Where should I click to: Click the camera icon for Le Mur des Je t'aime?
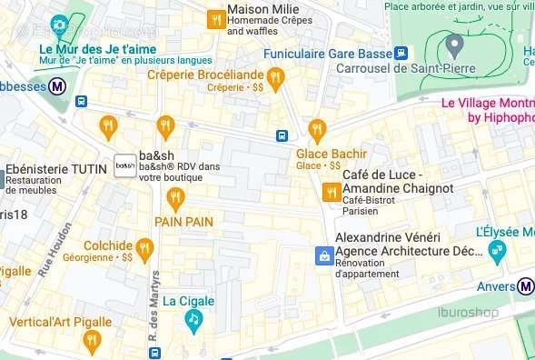click(59, 25)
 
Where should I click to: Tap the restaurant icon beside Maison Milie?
click(215, 19)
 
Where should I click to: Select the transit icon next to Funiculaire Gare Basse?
click(401, 53)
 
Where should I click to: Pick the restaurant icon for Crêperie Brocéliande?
click(276, 76)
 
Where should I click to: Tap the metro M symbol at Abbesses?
click(57, 86)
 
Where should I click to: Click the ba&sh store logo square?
click(124, 165)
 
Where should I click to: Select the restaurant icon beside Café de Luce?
click(331, 191)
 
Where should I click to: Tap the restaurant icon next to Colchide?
click(144, 247)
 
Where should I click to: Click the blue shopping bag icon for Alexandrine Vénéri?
click(322, 256)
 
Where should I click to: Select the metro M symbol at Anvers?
click(527, 286)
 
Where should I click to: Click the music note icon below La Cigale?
click(193, 319)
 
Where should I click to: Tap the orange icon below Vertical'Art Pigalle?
click(91, 341)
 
